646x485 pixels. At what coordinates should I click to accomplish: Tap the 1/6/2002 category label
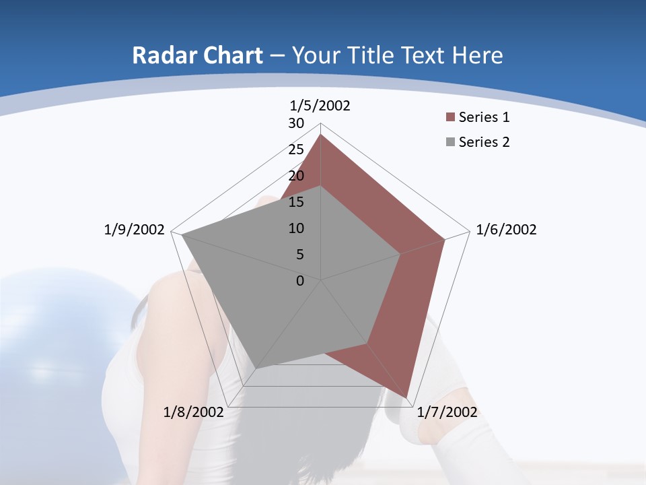pyautogui.click(x=506, y=230)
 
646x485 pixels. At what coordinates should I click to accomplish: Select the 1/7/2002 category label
pyautogui.click(x=447, y=412)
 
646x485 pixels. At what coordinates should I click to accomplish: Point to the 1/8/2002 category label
pyautogui.click(x=194, y=412)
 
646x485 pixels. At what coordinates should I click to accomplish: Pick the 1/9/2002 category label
pyautogui.click(x=135, y=230)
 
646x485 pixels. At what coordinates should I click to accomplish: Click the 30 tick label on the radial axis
pyautogui.click(x=296, y=123)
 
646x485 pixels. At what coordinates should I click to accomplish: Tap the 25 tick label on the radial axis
pyautogui.click(x=296, y=150)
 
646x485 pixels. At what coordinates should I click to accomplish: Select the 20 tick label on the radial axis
pyautogui.click(x=296, y=176)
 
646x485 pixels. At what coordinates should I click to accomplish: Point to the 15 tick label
pyautogui.click(x=296, y=202)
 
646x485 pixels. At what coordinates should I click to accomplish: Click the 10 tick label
pyautogui.click(x=296, y=228)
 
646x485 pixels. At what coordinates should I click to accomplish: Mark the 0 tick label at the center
pyautogui.click(x=300, y=281)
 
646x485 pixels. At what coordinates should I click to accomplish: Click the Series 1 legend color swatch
pyautogui.click(x=450, y=117)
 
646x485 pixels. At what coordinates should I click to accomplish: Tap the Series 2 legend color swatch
pyautogui.click(x=450, y=142)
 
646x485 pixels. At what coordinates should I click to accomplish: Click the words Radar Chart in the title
pyautogui.click(x=196, y=55)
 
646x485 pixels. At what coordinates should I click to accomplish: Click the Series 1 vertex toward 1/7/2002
pyautogui.click(x=407, y=397)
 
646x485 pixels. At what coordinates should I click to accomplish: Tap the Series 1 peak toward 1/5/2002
pyautogui.click(x=321, y=135)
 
